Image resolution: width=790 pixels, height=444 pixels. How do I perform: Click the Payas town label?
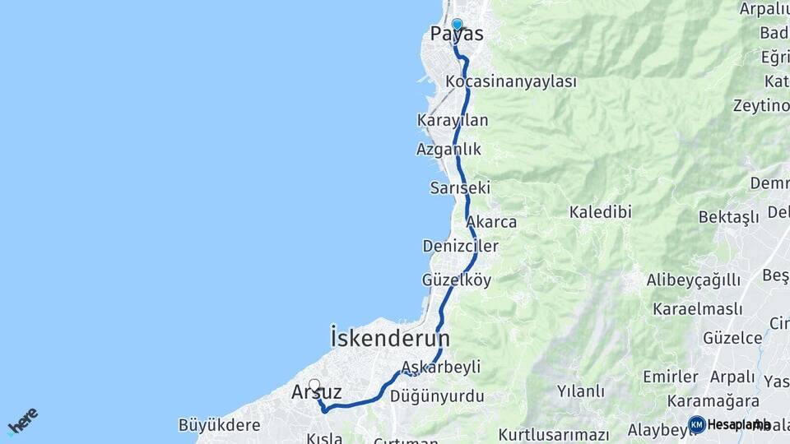pyautogui.click(x=457, y=35)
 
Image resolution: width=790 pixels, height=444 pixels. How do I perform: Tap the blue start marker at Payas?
pyautogui.click(x=457, y=25)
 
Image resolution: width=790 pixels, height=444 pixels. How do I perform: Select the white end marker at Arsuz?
pyautogui.click(x=314, y=384)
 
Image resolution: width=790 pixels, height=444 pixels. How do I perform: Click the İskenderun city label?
pyautogui.click(x=390, y=338)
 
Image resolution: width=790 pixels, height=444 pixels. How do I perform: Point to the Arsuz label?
pyautogui.click(x=316, y=393)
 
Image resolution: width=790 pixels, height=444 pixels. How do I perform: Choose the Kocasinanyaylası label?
pyautogui.click(x=510, y=81)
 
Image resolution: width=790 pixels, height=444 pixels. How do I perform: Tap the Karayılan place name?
pyautogui.click(x=453, y=120)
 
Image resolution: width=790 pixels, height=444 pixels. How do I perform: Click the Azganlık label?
pyautogui.click(x=448, y=149)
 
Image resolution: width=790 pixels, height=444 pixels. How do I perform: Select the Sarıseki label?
pyautogui.click(x=460, y=187)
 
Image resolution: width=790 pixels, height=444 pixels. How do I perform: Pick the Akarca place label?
pyautogui.click(x=491, y=222)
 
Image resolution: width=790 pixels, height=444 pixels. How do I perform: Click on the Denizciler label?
pyautogui.click(x=460, y=246)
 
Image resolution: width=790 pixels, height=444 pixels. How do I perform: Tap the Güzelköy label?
pyautogui.click(x=457, y=280)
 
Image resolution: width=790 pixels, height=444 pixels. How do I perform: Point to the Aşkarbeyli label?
pyautogui.click(x=441, y=367)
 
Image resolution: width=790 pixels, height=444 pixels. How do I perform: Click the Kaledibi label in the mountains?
pyautogui.click(x=600, y=212)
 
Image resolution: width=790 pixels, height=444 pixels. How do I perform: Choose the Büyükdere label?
pyautogui.click(x=219, y=425)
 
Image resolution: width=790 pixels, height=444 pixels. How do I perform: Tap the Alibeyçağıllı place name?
pyautogui.click(x=693, y=280)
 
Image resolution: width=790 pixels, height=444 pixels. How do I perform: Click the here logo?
pyautogui.click(x=22, y=421)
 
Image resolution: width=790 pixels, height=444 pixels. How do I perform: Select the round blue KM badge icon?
pyautogui.click(x=697, y=424)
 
